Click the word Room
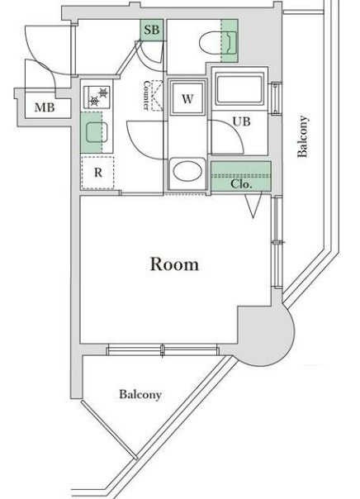point(174,264)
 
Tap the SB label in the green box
point(151,30)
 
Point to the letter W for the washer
point(187,100)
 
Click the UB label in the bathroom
point(239,121)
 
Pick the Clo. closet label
point(240,183)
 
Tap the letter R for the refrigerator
point(97,173)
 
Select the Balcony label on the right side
point(304,137)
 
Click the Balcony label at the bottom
point(140,394)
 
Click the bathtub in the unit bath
point(239,89)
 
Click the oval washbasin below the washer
point(187,173)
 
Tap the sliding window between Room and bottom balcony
point(165,349)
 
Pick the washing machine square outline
point(187,100)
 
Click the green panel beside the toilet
point(229,40)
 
